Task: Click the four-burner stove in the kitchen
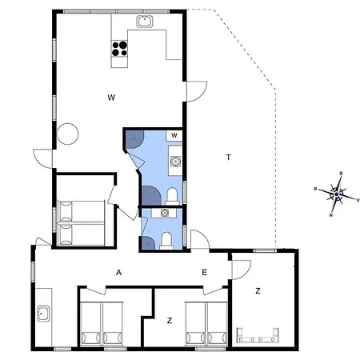[120, 49]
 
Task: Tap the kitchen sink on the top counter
[146, 22]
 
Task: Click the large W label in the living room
[113, 98]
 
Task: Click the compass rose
[338, 194]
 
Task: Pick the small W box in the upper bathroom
[174, 135]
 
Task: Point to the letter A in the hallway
[118, 273]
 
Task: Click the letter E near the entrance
[204, 273]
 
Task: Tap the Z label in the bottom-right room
[258, 290]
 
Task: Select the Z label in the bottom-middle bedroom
[170, 320]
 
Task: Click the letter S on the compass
[342, 173]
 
